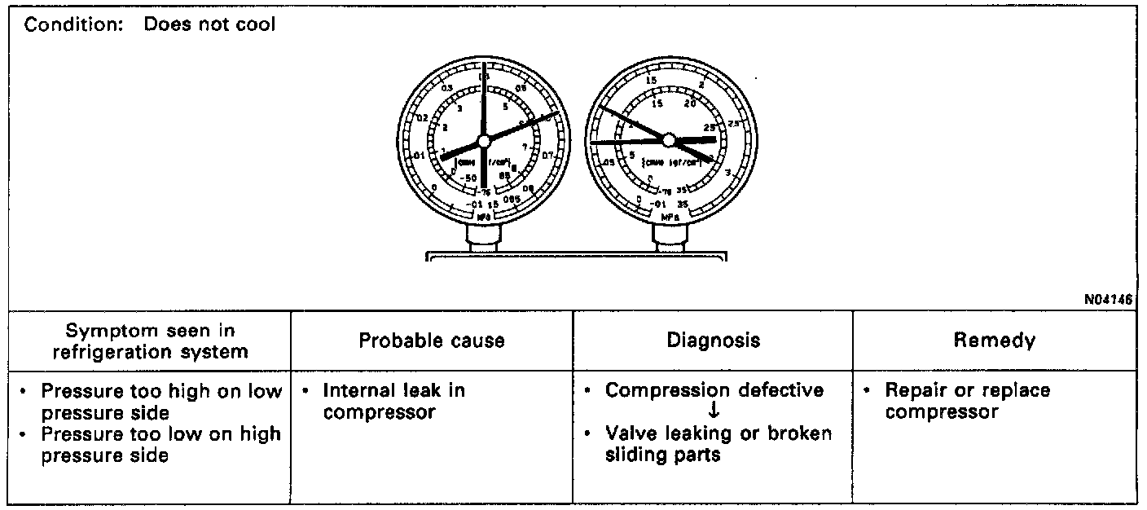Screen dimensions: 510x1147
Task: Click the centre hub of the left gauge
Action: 484,140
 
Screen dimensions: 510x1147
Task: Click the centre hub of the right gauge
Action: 669,140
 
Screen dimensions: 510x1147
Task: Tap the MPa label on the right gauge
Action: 670,218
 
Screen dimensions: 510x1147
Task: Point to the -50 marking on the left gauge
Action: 468,178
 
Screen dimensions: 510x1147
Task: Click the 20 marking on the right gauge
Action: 691,103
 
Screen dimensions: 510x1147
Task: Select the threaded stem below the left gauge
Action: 484,237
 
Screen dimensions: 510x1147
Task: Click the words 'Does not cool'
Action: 209,24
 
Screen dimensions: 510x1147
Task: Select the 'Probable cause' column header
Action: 432,341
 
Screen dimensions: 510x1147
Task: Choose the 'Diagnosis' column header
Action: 713,341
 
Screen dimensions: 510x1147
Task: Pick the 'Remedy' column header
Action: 995,341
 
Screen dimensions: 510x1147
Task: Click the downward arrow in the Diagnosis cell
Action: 714,411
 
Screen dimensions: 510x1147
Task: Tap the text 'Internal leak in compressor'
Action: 393,401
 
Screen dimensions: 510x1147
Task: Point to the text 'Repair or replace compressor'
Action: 967,401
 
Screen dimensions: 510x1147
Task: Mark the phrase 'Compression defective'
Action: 714,390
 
